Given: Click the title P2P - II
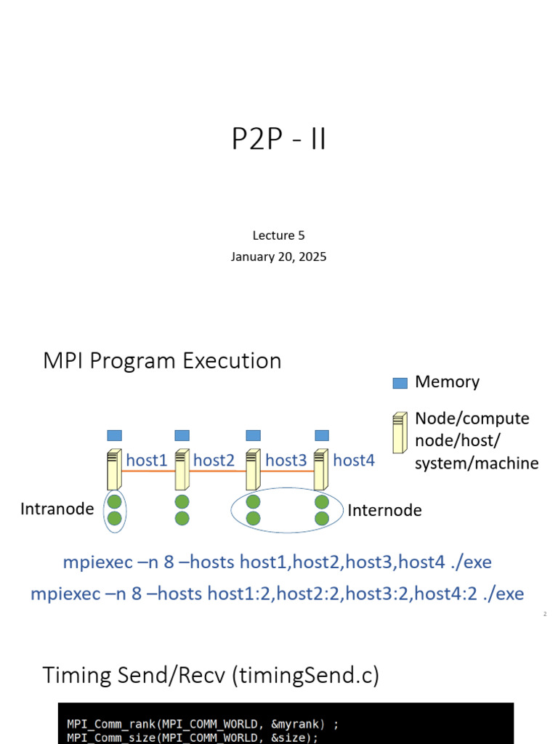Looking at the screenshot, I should pyautogui.click(x=279, y=139).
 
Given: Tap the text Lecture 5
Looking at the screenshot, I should pyautogui.click(x=279, y=235).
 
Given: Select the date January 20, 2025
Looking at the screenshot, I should pyautogui.click(x=279, y=256).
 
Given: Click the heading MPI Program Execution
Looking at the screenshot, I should pyautogui.click(x=162, y=361).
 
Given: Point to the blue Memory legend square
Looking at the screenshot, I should pyautogui.click(x=400, y=383).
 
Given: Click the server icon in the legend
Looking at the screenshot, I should pyautogui.click(x=400, y=433).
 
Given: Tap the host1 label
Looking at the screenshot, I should pyautogui.click(x=147, y=460).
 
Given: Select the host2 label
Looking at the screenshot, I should pyautogui.click(x=214, y=460).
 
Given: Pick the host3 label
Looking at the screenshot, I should pyautogui.click(x=286, y=460).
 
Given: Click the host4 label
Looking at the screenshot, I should pyautogui.click(x=354, y=460).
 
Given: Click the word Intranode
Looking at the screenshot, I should pyautogui.click(x=57, y=509).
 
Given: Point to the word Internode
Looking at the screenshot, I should pyautogui.click(x=384, y=510).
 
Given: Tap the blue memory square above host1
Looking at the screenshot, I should pyautogui.click(x=115, y=435).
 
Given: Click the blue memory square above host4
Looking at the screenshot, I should pyautogui.click(x=322, y=435).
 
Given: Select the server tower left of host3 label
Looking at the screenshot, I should pyautogui.click(x=252, y=469).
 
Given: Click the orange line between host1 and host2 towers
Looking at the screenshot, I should pyautogui.click(x=148, y=472).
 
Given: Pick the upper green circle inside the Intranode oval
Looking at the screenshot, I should pyautogui.click(x=114, y=501).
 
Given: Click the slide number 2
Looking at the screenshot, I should pyautogui.click(x=544, y=615).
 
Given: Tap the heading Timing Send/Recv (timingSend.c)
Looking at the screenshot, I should pyautogui.click(x=211, y=676).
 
